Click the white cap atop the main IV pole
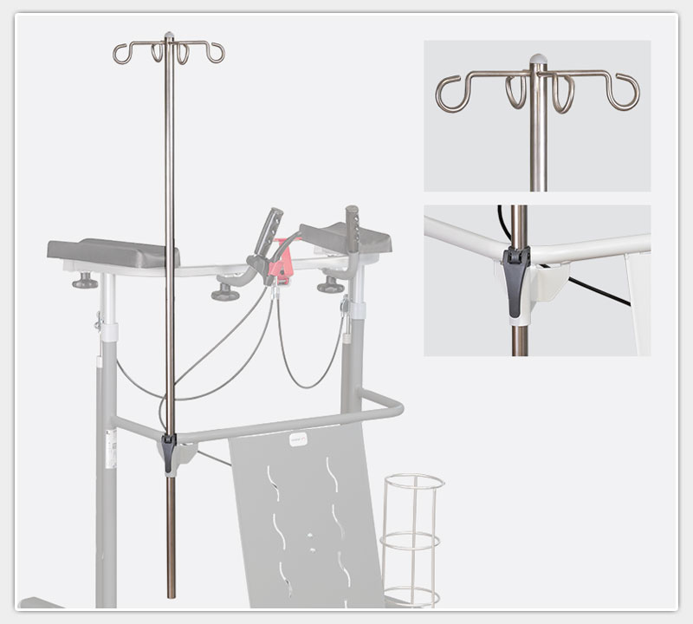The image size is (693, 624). tap(170, 36)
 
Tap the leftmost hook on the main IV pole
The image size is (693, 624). tap(120, 54)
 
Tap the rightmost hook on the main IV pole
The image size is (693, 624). tap(217, 54)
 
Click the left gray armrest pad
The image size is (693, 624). tap(113, 253)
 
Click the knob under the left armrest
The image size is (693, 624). tap(85, 281)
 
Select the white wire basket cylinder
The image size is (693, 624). tap(412, 537)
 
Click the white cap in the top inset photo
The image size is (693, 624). tap(538, 60)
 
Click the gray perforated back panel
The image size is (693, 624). tap(303, 520)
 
